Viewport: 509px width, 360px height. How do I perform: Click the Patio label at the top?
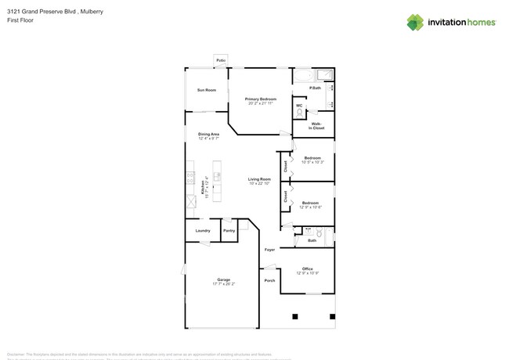[222, 59]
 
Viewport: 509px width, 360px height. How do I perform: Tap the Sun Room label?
[207, 91]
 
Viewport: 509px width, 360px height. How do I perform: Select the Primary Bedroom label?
[260, 99]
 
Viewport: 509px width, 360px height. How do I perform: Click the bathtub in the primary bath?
[302, 77]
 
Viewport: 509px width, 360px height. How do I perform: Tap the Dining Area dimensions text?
[208, 139]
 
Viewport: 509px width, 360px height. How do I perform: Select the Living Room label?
[259, 180]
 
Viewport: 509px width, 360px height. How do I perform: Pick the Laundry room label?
[203, 231]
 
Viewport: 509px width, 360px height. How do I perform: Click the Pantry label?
[229, 231]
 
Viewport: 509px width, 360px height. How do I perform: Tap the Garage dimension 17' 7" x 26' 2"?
[223, 284]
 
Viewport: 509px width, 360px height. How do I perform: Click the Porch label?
[269, 280]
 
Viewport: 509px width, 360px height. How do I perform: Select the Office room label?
[307, 268]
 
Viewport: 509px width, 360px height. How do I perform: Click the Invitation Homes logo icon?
[416, 22]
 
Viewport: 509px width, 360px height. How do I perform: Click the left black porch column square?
[295, 316]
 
